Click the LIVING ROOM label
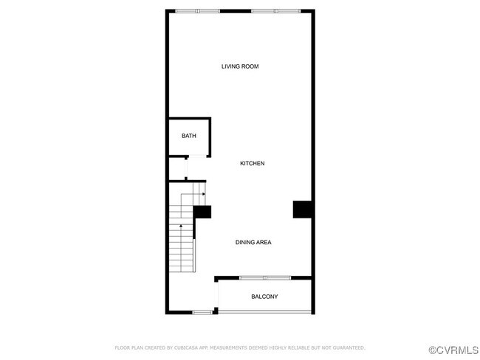[240, 66]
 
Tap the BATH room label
[189, 136]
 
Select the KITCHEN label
[252, 163]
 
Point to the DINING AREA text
[253, 242]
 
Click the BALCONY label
[264, 297]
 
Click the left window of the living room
[197, 11]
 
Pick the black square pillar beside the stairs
[202, 212]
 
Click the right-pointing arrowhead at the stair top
[203, 194]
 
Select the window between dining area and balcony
[264, 278]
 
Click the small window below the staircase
[202, 313]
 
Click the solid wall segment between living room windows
[236, 11]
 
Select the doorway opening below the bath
[186, 169]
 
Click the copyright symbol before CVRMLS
[433, 347]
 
